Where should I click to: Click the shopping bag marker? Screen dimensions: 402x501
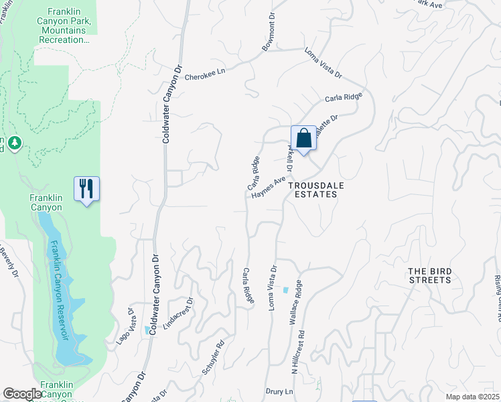pyautogui.click(x=303, y=139)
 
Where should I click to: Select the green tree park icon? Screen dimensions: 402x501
pyautogui.click(x=15, y=143)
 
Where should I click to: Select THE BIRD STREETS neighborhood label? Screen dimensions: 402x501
pyautogui.click(x=430, y=275)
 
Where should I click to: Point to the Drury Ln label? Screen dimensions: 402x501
pyautogui.click(x=280, y=391)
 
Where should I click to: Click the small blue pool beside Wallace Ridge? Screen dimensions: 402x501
pyautogui.click(x=286, y=290)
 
